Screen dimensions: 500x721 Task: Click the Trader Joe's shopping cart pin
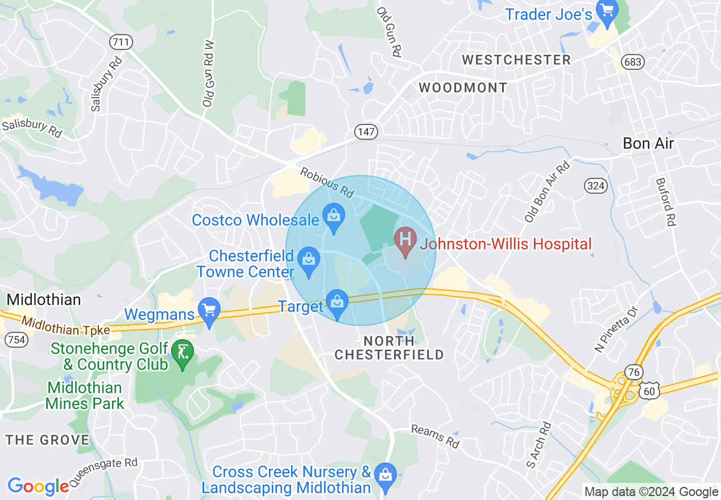tap(608, 14)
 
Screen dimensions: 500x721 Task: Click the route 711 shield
tap(122, 41)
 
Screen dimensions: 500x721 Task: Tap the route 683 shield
tap(632, 62)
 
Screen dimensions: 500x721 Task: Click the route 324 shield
tap(596, 185)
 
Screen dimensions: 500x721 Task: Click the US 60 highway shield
tap(649, 391)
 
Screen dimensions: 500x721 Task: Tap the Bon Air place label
tap(648, 143)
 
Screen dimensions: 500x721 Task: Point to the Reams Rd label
tap(435, 436)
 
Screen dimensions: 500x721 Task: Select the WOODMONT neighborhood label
tap(463, 88)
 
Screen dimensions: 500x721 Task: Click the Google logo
tap(39, 486)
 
